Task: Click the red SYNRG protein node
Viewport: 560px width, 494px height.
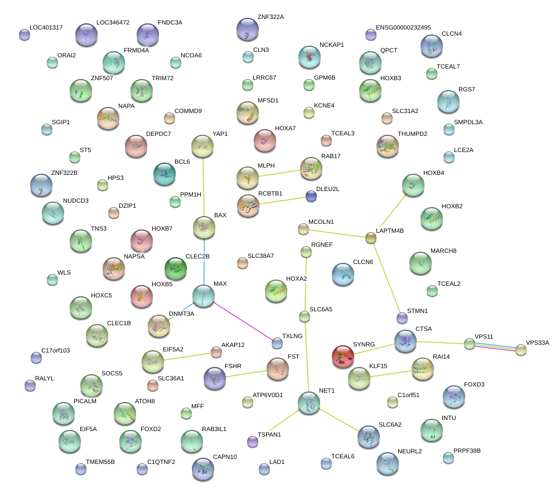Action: (343, 356)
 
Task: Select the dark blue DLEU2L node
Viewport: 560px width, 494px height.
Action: (311, 196)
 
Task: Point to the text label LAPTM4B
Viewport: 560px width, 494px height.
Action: (390, 231)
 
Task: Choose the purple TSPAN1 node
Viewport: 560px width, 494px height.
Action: (253, 442)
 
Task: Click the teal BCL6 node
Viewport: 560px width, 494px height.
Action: (165, 174)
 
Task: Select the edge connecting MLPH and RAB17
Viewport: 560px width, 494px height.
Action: (279, 173)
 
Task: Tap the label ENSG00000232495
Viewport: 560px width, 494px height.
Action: (403, 27)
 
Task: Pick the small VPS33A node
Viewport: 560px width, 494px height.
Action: (521, 350)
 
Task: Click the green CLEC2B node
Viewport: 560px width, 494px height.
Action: (175, 268)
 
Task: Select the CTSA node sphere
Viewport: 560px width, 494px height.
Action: (405, 341)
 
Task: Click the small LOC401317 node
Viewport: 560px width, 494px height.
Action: (25, 35)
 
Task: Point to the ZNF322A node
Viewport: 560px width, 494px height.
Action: (248, 30)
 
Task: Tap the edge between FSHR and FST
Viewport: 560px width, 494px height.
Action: (247, 374)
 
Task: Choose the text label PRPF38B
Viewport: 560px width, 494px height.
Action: (467, 451)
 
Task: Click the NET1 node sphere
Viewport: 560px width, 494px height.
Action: (309, 403)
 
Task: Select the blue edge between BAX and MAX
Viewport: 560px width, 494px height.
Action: (204, 262)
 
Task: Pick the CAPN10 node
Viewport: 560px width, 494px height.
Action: (203, 469)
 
